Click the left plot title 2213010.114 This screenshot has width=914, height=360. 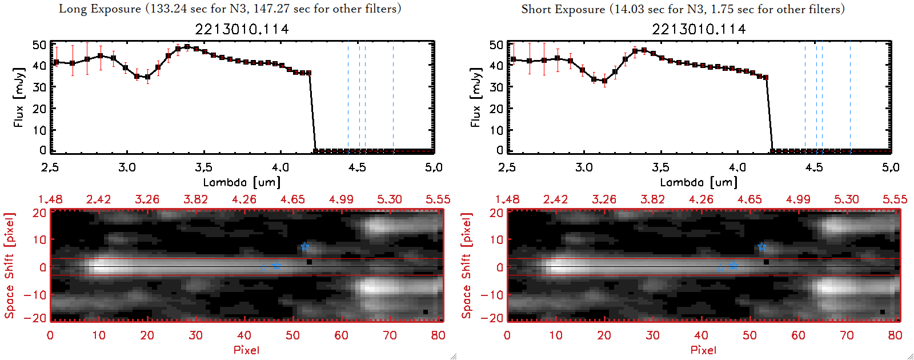(x=242, y=29)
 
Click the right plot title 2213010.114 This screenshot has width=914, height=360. (x=699, y=29)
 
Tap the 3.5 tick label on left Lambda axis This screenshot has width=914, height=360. (x=204, y=167)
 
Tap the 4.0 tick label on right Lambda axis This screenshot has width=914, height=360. (x=737, y=167)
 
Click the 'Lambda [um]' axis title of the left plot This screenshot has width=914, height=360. (x=242, y=182)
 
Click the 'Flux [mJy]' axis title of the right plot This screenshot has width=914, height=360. (x=475, y=97)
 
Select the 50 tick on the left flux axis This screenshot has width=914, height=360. (x=39, y=45)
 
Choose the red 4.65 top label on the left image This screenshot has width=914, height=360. (x=292, y=199)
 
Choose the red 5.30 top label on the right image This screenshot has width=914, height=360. (x=846, y=199)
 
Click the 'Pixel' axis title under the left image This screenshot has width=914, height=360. (x=246, y=350)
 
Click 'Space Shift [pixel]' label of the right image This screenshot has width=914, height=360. (x=467, y=266)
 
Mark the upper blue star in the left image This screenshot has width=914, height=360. (x=305, y=247)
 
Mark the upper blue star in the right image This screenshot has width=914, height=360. (x=762, y=247)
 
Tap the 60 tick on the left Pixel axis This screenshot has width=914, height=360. (x=341, y=335)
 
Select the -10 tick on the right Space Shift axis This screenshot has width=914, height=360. (x=492, y=294)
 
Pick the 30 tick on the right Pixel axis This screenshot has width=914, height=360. (x=652, y=335)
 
